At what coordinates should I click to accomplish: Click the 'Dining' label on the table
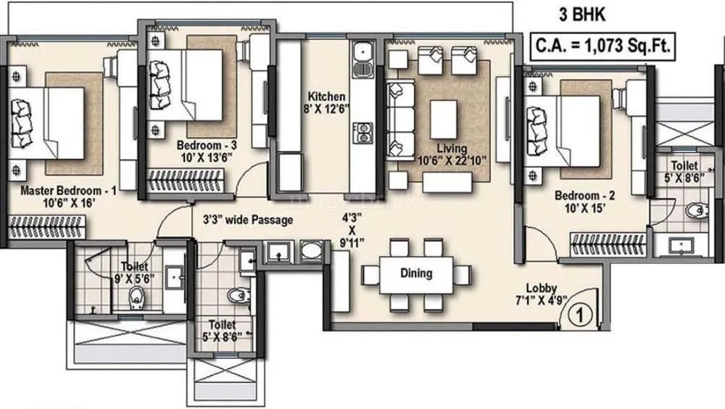point(416,273)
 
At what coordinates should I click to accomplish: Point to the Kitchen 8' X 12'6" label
point(326,103)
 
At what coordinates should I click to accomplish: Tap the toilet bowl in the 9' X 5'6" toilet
point(135,297)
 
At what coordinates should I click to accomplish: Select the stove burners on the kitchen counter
point(360,134)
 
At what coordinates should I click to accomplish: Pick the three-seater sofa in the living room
point(397,120)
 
